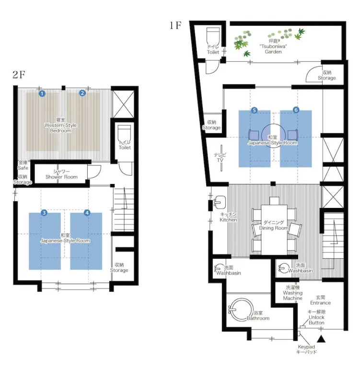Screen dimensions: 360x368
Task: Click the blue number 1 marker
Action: tap(42, 93)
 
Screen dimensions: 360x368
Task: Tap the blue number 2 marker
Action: tap(82, 93)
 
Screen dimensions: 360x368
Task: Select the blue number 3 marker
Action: tap(44, 213)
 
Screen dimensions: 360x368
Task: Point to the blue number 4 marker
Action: tap(87, 213)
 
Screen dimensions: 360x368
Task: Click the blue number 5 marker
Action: tap(254, 110)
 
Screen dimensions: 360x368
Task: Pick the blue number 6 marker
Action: tap(296, 110)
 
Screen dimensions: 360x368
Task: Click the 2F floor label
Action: tap(19, 75)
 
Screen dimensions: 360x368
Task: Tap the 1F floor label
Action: tap(175, 25)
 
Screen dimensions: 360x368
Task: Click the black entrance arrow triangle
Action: tap(321, 339)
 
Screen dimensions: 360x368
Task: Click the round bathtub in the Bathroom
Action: tap(241, 310)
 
